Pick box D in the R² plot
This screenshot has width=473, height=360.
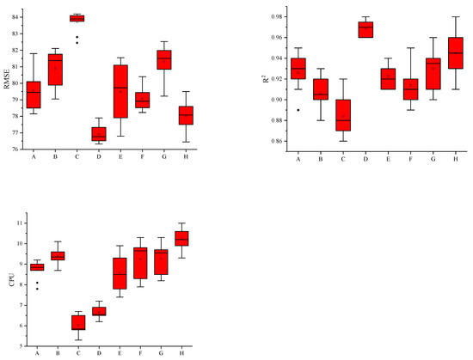point(365,30)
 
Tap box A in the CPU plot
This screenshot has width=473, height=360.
point(37,267)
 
